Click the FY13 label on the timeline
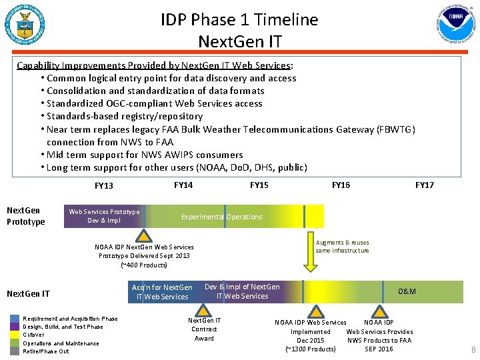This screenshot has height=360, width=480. [x=103, y=186]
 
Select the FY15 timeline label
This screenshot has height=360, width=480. [x=259, y=185]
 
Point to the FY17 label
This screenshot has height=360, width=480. [x=424, y=185]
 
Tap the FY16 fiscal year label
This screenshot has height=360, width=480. [x=341, y=185]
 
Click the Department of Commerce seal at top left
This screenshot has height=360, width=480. [x=24, y=25]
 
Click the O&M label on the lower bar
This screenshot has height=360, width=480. [x=407, y=291]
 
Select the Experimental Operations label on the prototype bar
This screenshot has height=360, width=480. [x=221, y=217]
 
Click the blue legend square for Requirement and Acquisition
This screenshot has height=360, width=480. [x=15, y=319]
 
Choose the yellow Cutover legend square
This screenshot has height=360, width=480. [x=15, y=335]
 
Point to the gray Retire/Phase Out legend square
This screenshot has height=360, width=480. [x=15, y=351]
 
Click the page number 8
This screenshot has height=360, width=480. [x=473, y=349]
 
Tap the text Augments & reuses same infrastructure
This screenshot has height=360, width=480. [x=342, y=247]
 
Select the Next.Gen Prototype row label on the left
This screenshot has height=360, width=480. [x=25, y=216]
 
